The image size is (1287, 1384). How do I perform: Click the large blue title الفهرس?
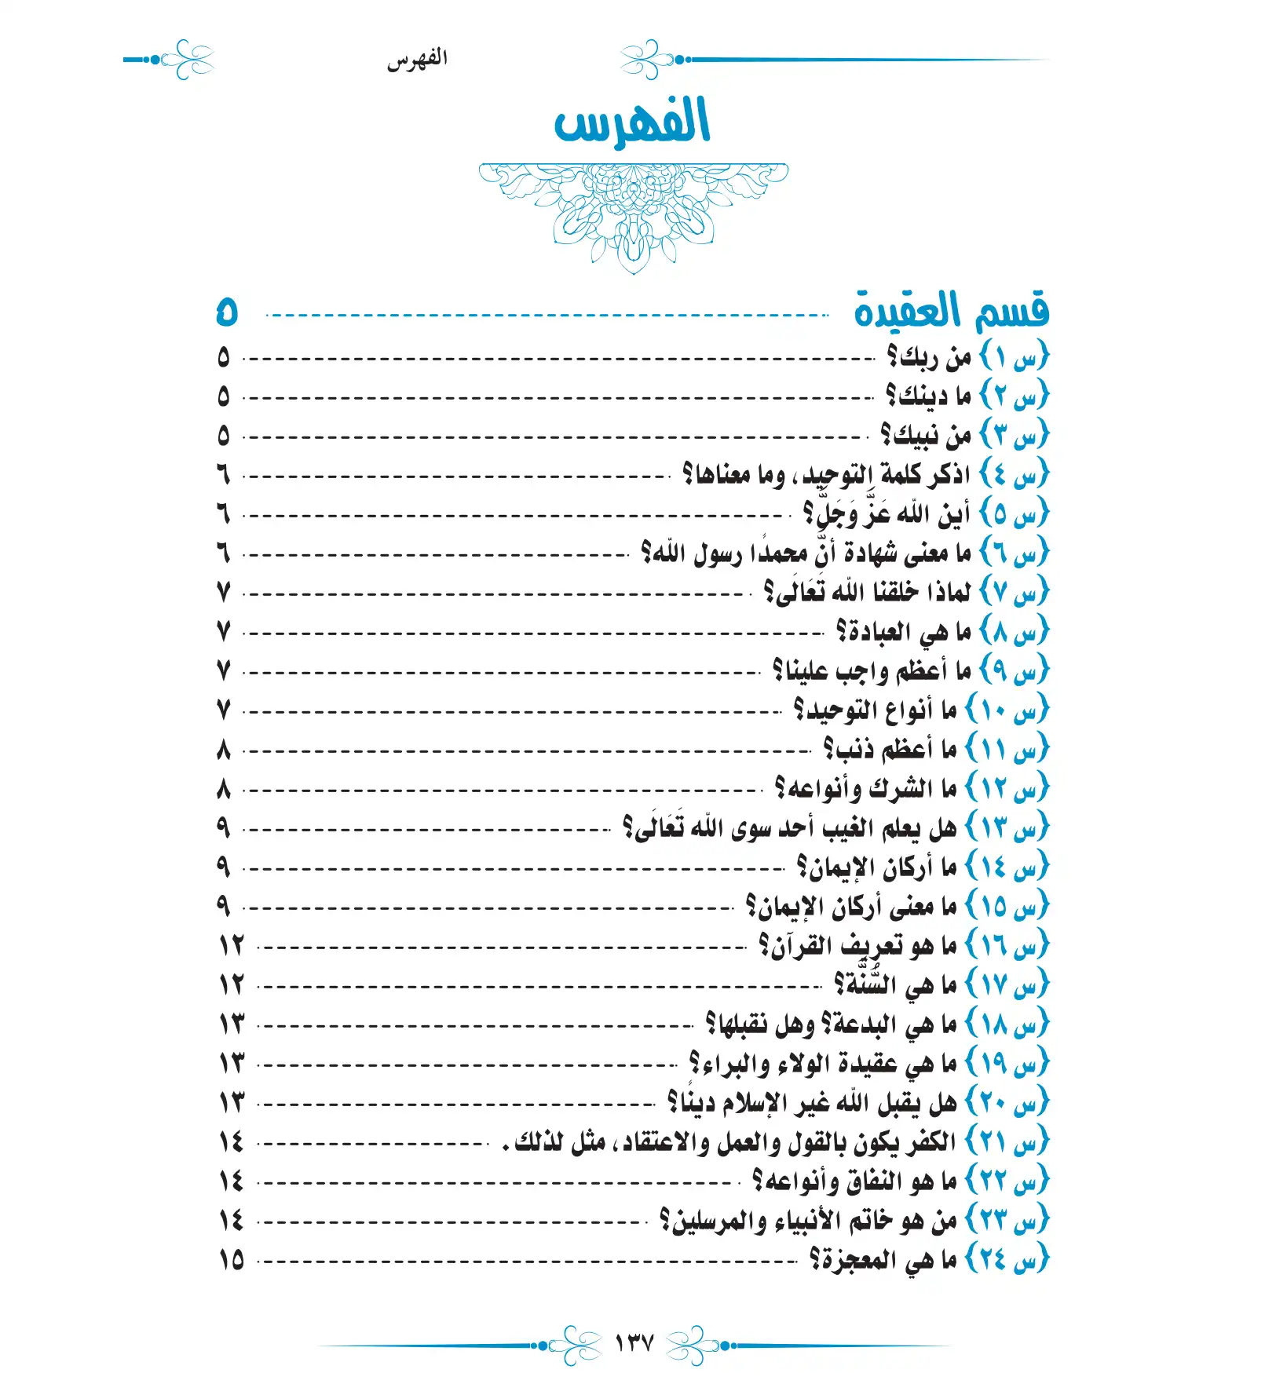pos(632,122)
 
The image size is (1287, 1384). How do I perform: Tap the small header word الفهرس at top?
pos(417,60)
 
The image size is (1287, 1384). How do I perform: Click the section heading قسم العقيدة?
pos(951,311)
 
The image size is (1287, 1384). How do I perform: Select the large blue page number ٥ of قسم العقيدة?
pos(226,312)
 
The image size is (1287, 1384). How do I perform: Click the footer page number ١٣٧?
pos(634,1344)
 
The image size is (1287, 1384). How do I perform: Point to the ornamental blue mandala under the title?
pos(633,212)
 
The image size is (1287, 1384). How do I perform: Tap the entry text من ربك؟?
pos(929,357)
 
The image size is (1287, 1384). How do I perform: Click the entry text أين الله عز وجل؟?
pos(887,514)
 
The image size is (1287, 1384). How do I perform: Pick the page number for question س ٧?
pos(224,592)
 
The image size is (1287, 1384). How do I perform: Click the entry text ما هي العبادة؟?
pos(903,632)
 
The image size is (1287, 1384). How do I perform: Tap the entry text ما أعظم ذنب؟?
pos(890,750)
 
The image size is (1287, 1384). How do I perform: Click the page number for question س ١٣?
pos(224,827)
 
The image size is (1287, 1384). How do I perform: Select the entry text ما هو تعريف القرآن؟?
pos(857,946)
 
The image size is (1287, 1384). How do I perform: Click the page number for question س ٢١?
pos(232,1142)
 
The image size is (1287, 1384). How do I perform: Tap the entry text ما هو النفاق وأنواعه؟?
pos(854,1181)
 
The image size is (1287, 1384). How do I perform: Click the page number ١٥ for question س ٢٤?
pos(232,1261)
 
